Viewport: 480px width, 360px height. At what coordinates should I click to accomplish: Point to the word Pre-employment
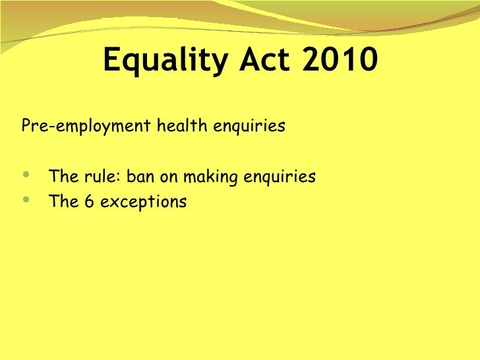tap(86, 126)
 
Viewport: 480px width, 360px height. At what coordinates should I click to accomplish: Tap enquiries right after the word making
tap(280, 177)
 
